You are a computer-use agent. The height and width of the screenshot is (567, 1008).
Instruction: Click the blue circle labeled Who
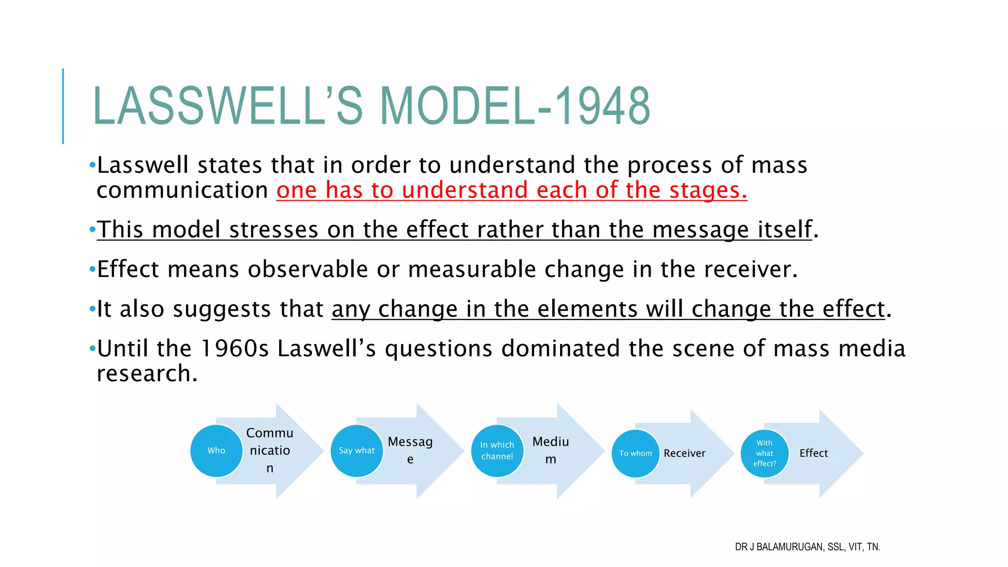click(216, 451)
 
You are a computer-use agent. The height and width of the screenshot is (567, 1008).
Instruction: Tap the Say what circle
click(356, 451)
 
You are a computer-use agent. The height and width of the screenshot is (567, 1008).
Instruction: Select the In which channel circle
click(497, 451)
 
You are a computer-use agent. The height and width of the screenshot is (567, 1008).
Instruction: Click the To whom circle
click(635, 453)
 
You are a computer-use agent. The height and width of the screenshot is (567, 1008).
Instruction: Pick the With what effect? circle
click(764, 453)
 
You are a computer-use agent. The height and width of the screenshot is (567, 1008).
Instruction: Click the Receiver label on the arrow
click(684, 453)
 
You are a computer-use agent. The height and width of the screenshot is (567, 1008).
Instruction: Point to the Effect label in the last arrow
click(814, 453)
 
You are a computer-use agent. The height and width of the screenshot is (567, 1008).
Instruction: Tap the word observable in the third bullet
click(308, 270)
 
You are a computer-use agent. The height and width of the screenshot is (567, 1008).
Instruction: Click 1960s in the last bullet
click(235, 349)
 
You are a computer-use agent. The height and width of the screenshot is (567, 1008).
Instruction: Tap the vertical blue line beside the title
click(63, 106)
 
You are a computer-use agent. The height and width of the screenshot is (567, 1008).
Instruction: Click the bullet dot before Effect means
click(92, 270)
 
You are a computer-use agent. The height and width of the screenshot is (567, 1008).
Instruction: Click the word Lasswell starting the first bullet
click(143, 165)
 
